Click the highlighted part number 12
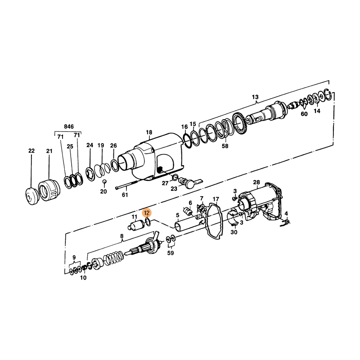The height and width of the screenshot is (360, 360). click(x=147, y=213)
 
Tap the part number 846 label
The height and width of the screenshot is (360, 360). click(x=69, y=126)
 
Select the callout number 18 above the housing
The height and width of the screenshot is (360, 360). click(x=149, y=132)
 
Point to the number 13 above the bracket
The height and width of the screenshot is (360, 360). click(x=255, y=97)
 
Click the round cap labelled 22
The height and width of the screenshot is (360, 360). click(x=31, y=196)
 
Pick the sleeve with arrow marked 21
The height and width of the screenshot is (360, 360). click(x=49, y=189)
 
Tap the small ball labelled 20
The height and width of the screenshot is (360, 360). click(x=104, y=181)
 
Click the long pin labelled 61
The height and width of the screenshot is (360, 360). click(x=127, y=185)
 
